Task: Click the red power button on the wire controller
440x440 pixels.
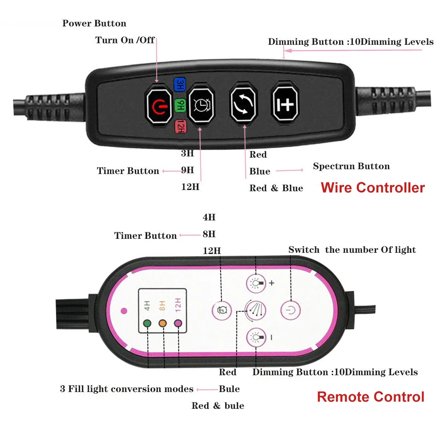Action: pos(159,106)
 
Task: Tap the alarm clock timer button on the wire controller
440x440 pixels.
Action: pos(201,105)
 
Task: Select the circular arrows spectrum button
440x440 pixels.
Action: pos(243,104)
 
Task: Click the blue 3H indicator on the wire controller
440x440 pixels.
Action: pos(180,85)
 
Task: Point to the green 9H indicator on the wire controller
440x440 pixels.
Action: pos(180,105)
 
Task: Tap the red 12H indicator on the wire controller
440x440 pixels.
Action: pos(180,126)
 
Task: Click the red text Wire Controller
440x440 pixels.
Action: pos(372,188)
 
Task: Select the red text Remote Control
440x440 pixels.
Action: pos(370,397)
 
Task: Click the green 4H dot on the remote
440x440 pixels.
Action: pos(147,323)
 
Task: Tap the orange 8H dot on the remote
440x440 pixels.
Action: pos(162,323)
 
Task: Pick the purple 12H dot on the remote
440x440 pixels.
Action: pos(178,323)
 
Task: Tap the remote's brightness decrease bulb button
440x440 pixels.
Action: pos(256,338)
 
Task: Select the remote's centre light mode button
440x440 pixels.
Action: pos(256,310)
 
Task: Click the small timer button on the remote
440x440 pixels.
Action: pos(222,310)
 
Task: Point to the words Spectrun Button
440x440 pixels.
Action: pos(351,166)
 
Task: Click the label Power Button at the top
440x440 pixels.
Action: pos(94,24)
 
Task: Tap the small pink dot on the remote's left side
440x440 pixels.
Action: pos(124,310)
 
